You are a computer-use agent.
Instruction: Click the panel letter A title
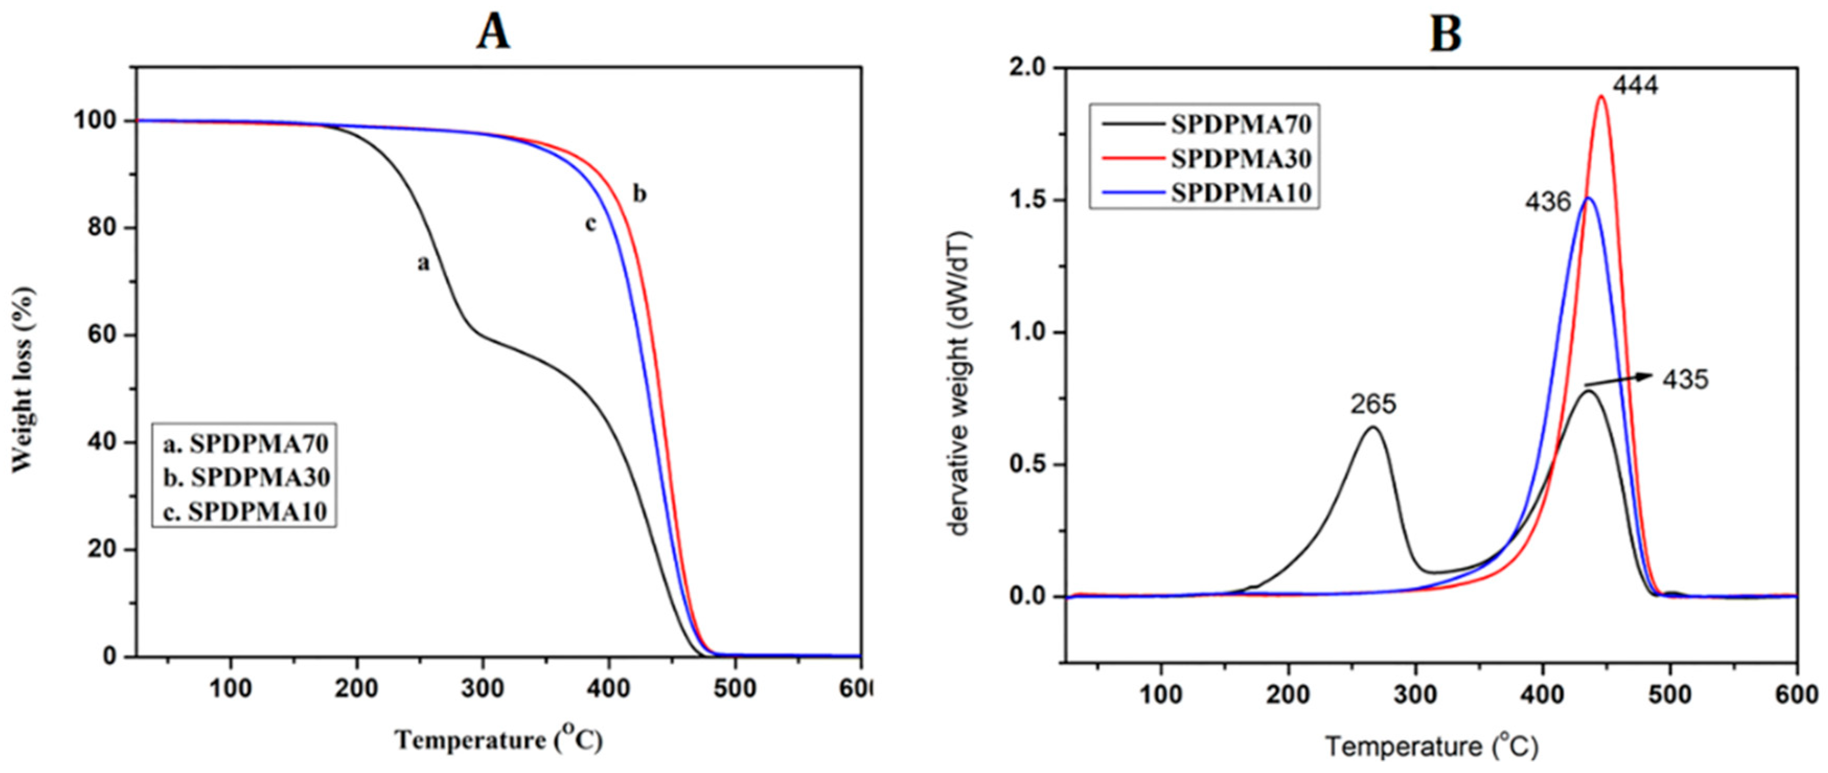pyautogui.click(x=492, y=32)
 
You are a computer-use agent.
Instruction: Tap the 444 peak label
pyautogui.click(x=1635, y=86)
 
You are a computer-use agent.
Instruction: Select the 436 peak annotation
pyautogui.click(x=1548, y=202)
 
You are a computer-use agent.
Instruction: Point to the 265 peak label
pyautogui.click(x=1372, y=404)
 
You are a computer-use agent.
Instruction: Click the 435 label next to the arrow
pyautogui.click(x=1685, y=380)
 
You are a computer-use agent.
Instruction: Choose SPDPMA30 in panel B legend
pyautogui.click(x=1240, y=158)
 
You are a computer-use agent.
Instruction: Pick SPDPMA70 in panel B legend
pyautogui.click(x=1240, y=124)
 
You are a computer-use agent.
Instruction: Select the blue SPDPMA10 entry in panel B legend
pyautogui.click(x=1240, y=192)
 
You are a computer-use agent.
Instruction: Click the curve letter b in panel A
pyautogui.click(x=639, y=193)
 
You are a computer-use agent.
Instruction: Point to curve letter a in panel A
pyautogui.click(x=423, y=263)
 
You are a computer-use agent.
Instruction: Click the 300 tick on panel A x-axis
pyautogui.click(x=482, y=688)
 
